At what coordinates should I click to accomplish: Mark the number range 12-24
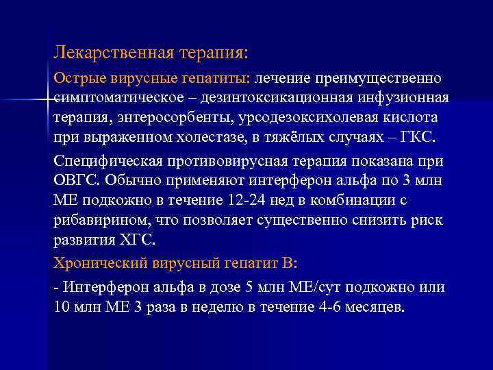[242, 201]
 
